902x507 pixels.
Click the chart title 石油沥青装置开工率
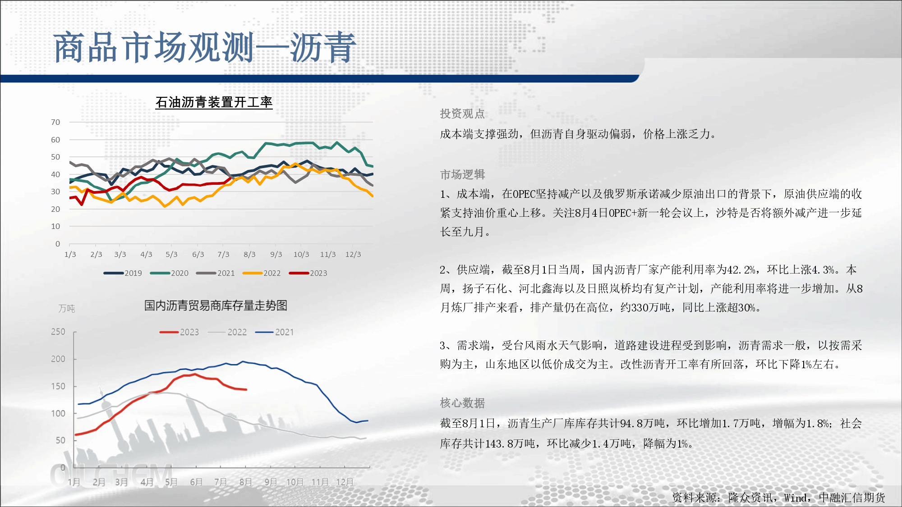pos(214,102)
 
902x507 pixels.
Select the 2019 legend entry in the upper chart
pos(123,273)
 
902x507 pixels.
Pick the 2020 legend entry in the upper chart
pos(169,273)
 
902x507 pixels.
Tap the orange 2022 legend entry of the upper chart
pos(262,273)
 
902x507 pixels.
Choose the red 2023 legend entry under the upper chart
pos(308,273)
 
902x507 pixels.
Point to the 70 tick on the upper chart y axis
pos(55,122)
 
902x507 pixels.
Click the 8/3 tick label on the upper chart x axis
pos(249,254)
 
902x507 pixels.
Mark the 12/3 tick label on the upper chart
pos(353,254)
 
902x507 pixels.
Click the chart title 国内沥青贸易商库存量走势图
pos(216,306)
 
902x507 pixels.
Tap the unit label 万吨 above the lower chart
pos(67,309)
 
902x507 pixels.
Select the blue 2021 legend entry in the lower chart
pos(274,332)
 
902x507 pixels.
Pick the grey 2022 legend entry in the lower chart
pos(227,332)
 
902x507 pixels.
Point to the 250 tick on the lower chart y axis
pos(58,332)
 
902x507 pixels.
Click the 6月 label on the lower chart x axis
pos(196,482)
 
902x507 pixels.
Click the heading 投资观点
pos(462,114)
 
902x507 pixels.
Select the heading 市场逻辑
pos(462,174)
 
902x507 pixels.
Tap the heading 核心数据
pos(462,403)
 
